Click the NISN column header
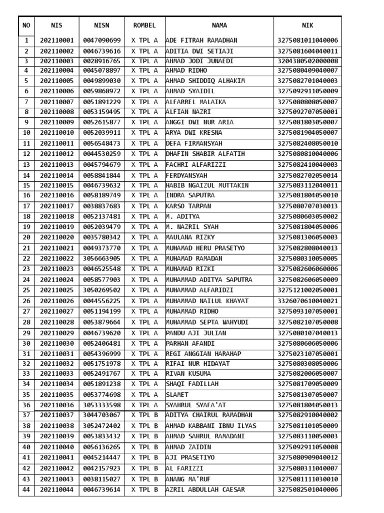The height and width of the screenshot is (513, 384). (x=101, y=26)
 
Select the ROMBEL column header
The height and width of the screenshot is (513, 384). (x=144, y=26)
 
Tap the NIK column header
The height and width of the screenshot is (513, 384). (x=307, y=26)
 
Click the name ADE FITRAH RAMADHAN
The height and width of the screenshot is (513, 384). (x=201, y=41)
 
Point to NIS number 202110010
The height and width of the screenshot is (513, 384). (x=56, y=133)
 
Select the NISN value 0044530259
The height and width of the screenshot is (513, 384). (x=101, y=154)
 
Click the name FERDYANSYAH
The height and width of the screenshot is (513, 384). (x=186, y=176)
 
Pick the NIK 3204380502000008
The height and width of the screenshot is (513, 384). (x=307, y=61)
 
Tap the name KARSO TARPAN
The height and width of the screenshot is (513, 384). (x=188, y=206)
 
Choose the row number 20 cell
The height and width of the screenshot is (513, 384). (x=26, y=237)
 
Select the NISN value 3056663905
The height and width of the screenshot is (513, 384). (x=101, y=259)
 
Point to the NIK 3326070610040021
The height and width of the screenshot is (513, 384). (x=307, y=301)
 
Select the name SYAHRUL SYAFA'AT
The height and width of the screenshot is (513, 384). (x=195, y=405)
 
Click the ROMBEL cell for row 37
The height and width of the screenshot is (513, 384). (x=144, y=415)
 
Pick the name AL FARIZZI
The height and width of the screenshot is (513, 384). (x=184, y=468)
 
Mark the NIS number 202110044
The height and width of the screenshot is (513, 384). (x=56, y=490)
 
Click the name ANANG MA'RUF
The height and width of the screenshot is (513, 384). (x=188, y=479)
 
